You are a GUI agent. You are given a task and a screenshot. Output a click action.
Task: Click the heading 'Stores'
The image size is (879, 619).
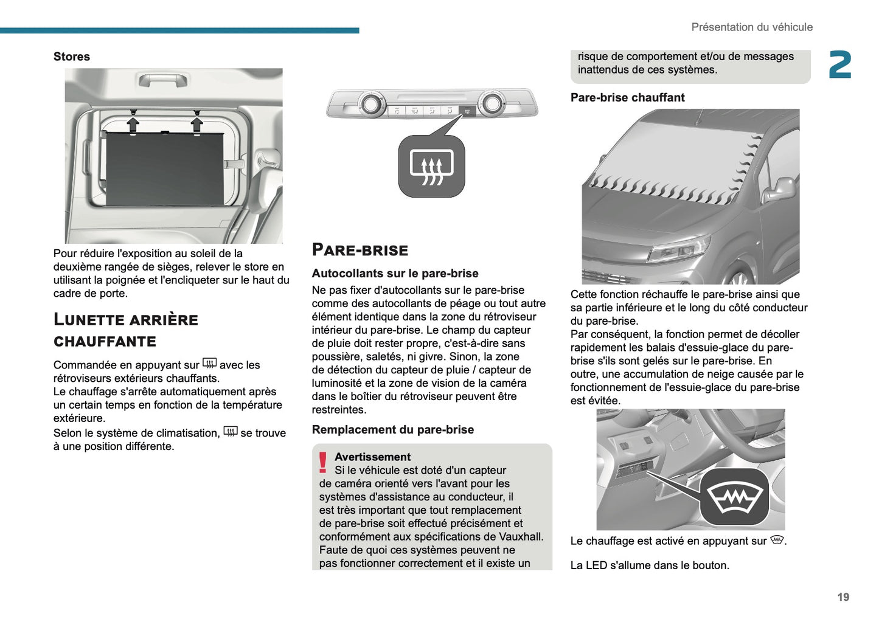[x=71, y=57]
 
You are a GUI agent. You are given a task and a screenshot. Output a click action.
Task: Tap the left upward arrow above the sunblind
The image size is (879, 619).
[x=133, y=124]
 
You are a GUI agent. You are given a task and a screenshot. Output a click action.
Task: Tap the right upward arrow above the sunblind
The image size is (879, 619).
[x=196, y=124]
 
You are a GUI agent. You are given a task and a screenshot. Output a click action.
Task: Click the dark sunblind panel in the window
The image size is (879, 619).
[x=164, y=169]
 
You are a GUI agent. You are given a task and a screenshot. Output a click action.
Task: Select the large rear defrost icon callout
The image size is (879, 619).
[x=432, y=167]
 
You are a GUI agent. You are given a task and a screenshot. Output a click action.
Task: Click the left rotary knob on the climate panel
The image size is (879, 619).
[x=370, y=105]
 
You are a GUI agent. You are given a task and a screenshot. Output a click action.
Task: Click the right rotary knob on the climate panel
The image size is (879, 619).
[x=492, y=104]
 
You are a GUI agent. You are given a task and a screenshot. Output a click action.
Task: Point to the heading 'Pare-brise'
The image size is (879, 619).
[x=360, y=250]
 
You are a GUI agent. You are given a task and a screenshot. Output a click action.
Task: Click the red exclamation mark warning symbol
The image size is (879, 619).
[x=323, y=463]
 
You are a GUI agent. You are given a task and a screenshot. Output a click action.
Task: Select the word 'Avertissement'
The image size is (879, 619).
[x=372, y=457]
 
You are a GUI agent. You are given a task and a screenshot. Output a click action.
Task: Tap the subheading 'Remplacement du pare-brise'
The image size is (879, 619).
[x=392, y=429]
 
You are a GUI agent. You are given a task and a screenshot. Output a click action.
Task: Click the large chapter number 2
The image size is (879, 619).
[x=839, y=65]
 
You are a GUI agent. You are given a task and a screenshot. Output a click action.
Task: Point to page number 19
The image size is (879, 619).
[x=843, y=597]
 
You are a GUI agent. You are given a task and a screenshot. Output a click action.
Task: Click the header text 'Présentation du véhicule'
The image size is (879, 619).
[x=751, y=27]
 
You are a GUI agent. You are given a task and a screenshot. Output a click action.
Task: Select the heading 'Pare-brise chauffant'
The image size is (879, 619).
[x=627, y=97]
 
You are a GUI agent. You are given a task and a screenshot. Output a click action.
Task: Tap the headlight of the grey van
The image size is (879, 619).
[x=678, y=250]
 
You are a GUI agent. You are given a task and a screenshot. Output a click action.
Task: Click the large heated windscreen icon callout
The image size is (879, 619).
[x=735, y=497]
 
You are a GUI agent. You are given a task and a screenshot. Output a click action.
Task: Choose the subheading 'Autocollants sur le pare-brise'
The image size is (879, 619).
[x=395, y=274]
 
